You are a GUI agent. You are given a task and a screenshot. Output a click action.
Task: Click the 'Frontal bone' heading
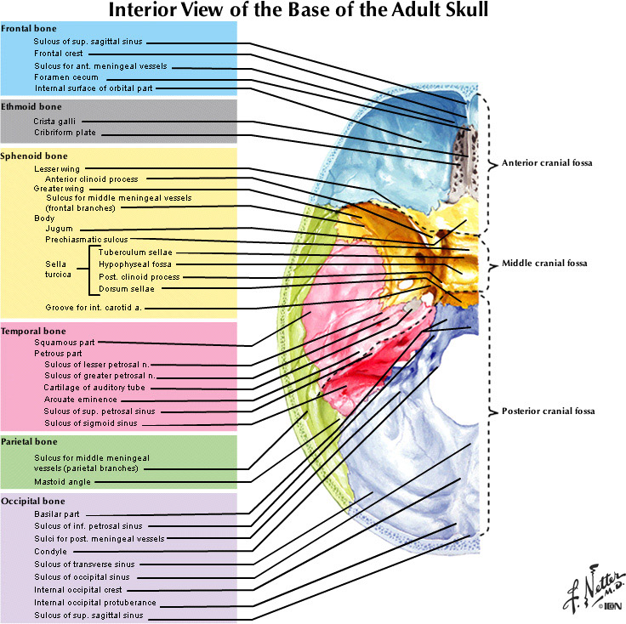(x=29, y=29)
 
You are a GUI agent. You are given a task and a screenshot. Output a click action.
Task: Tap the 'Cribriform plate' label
(x=64, y=133)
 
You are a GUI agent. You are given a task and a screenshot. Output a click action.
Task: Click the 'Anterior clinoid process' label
(x=91, y=179)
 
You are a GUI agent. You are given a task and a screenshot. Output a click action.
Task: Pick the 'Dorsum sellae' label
(x=126, y=288)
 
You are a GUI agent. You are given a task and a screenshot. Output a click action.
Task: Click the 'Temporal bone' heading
(x=33, y=331)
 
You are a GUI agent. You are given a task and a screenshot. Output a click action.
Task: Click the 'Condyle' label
(x=49, y=551)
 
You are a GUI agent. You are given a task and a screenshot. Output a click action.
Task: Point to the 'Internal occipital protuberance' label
(x=94, y=602)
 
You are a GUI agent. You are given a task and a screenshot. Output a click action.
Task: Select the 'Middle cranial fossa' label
(x=544, y=264)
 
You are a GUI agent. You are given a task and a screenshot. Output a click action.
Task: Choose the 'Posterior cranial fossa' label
(x=547, y=411)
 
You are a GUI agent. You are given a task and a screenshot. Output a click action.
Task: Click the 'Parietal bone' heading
(x=30, y=442)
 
